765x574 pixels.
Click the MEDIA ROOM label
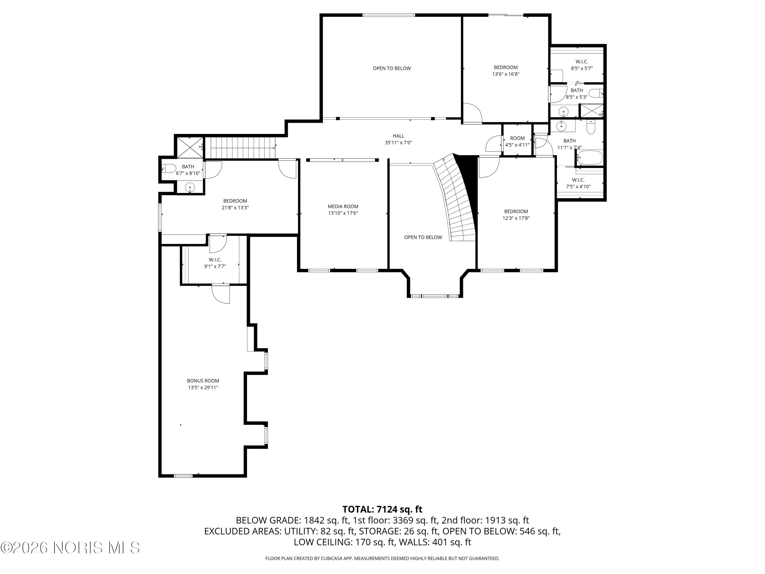pyautogui.click(x=343, y=207)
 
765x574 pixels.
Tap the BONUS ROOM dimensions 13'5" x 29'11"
pyautogui.click(x=203, y=388)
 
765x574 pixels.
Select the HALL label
pyautogui.click(x=398, y=136)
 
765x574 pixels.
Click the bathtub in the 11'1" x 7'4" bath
pyautogui.click(x=590, y=158)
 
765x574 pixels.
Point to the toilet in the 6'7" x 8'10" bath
pyautogui.click(x=170, y=168)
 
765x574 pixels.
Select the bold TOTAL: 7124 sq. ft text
pyautogui.click(x=382, y=509)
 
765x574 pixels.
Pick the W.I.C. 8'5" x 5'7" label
pyautogui.click(x=582, y=65)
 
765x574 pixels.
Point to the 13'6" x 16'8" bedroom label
pyautogui.click(x=506, y=71)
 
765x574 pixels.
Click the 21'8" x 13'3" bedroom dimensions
pyautogui.click(x=235, y=208)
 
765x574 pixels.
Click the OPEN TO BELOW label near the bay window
pyautogui.click(x=423, y=237)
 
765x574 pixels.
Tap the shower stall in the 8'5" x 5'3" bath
pyautogui.click(x=591, y=111)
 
